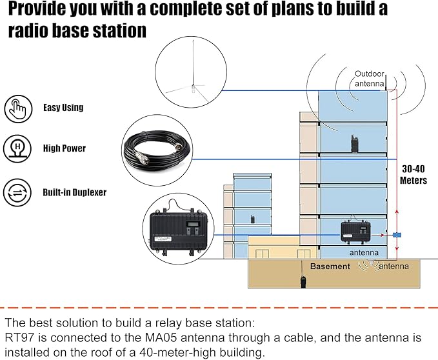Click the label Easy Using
(63, 108)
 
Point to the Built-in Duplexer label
(74, 192)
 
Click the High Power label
(65, 148)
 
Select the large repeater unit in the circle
(179, 232)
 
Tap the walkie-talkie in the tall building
(354, 145)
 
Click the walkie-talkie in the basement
(301, 281)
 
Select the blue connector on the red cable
(397, 235)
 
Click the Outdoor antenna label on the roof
(370, 79)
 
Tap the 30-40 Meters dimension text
(413, 175)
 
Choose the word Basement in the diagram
(330, 266)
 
